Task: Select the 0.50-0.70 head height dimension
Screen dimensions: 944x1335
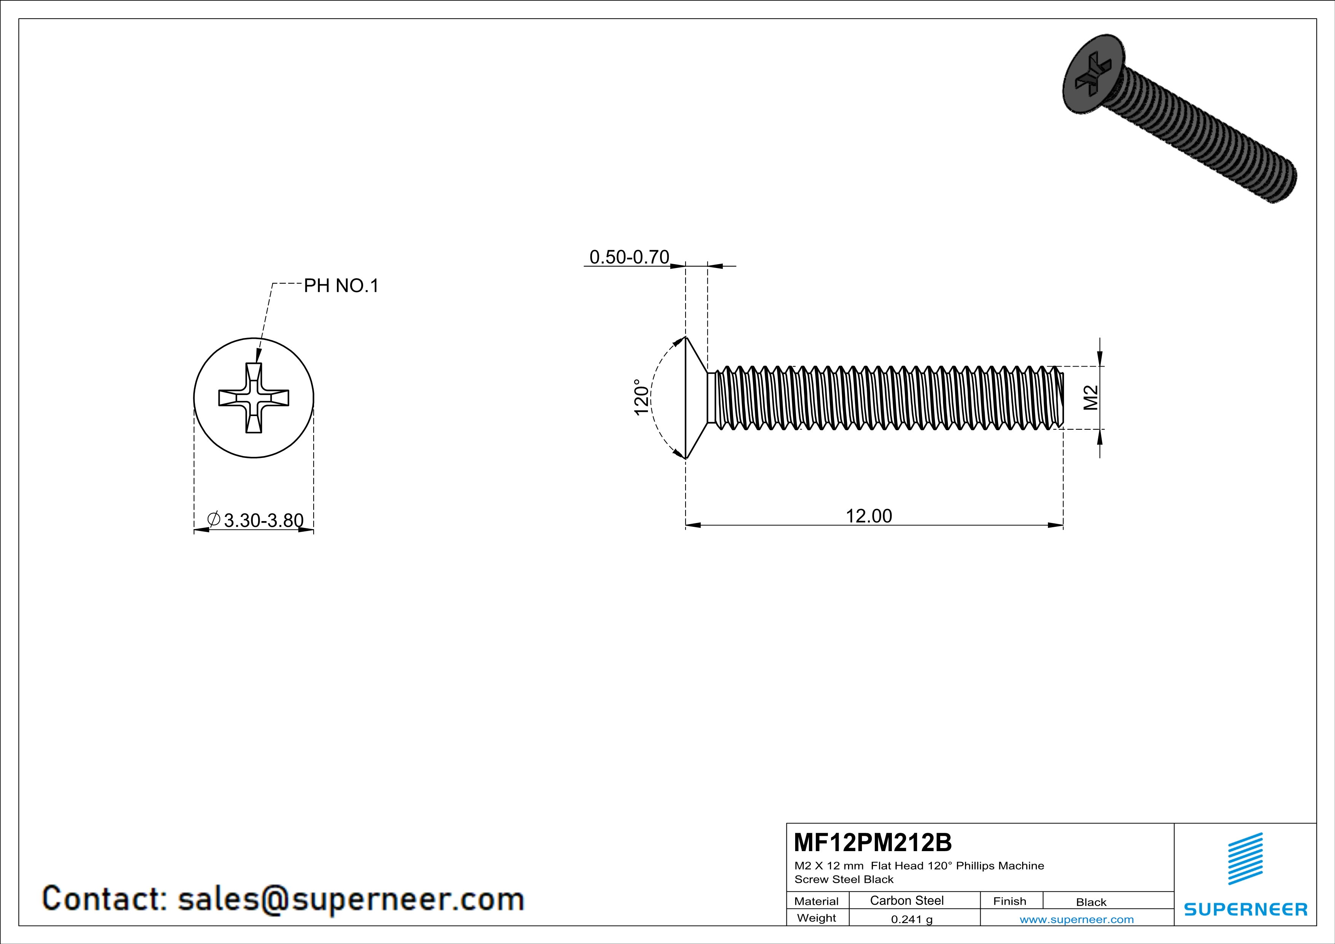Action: [629, 257]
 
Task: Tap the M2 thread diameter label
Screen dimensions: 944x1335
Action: [1091, 398]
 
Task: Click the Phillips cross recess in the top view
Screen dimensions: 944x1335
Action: [254, 398]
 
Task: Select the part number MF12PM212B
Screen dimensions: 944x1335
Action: [872, 842]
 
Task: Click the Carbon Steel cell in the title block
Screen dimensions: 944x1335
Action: [906, 900]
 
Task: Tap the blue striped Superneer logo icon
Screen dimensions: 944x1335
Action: [1245, 859]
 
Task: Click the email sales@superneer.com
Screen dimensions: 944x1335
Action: [351, 899]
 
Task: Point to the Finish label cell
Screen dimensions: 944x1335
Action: [1010, 901]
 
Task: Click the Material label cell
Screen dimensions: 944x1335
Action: [817, 901]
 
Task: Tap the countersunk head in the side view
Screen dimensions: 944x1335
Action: [696, 398]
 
